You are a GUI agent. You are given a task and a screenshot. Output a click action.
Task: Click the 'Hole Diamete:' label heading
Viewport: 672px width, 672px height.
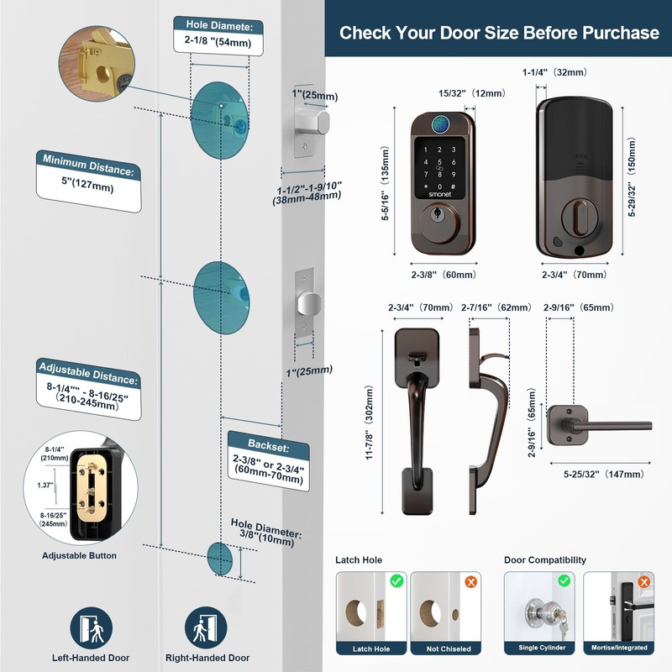(x=218, y=24)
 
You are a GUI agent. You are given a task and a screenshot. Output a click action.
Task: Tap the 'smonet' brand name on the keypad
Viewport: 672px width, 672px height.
(x=439, y=192)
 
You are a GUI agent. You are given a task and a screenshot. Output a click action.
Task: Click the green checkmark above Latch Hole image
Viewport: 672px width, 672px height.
(x=396, y=580)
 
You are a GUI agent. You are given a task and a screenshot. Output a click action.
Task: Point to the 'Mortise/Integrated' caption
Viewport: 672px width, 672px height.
(x=619, y=648)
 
